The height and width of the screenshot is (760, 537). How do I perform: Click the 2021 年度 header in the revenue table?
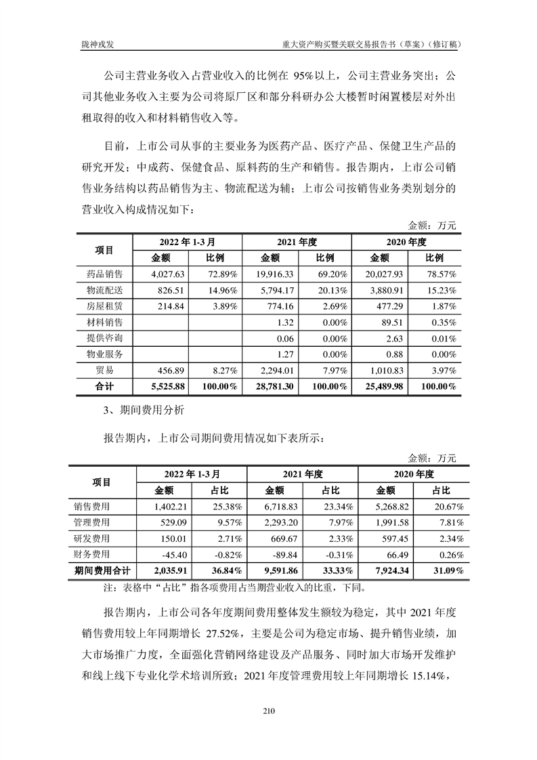coord(297,242)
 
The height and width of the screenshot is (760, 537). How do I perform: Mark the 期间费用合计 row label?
coord(103,571)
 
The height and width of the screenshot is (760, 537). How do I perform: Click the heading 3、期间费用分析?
coord(140,410)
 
